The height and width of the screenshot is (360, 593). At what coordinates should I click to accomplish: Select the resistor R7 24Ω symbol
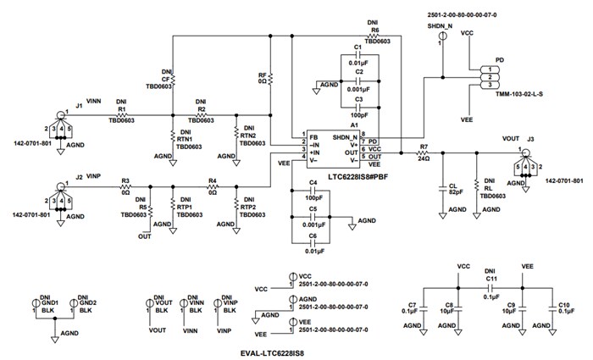coord(424,152)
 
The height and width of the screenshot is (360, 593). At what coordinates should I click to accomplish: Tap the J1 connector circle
coord(61,114)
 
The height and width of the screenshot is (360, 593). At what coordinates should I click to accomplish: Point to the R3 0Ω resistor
coord(125,186)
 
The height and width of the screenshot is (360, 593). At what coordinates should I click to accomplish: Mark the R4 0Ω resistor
coord(213,186)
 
